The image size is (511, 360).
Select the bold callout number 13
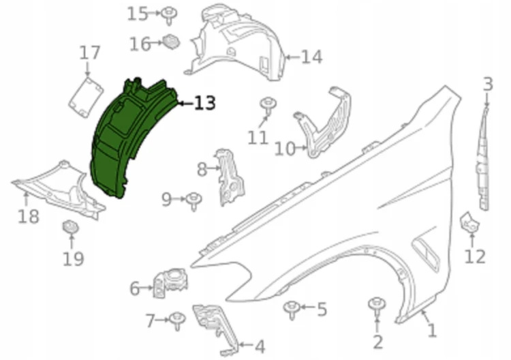[205, 103]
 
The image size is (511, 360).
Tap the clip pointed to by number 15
[169, 15]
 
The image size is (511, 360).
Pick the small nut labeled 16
[171, 42]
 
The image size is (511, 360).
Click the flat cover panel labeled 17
[86, 97]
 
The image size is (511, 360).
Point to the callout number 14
[311, 57]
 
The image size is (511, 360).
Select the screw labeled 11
[268, 106]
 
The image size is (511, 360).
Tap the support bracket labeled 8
[230, 178]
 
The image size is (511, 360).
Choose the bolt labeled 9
[194, 201]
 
